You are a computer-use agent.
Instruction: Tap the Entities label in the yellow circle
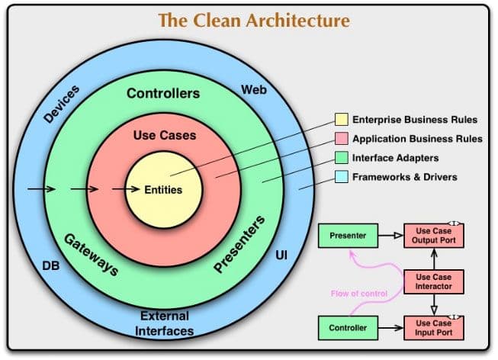click(x=163, y=189)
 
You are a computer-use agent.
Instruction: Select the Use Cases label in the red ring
click(x=164, y=136)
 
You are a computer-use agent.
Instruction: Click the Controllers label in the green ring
click(x=162, y=94)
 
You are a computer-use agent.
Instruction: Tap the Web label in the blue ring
click(x=254, y=90)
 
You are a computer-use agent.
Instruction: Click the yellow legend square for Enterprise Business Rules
click(x=342, y=120)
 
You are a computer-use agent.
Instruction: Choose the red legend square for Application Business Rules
click(x=342, y=139)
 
